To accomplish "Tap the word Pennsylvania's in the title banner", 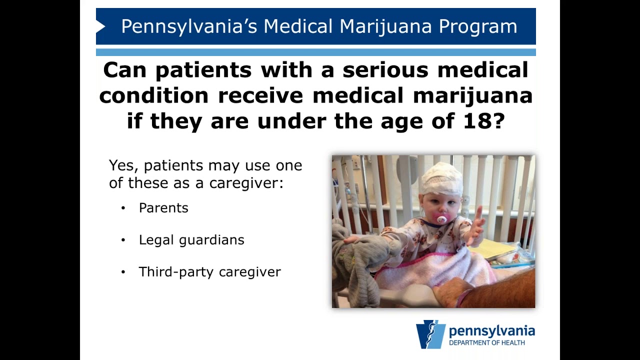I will point(189,26).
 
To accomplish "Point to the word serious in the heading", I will point(385,70).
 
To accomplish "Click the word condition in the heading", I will point(153,95).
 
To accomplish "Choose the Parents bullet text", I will point(163,208).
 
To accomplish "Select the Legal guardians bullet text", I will point(191,240).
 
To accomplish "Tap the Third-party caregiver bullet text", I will point(209,272).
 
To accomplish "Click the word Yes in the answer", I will point(121,165).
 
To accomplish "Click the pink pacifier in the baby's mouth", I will point(441,219).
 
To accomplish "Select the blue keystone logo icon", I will point(430,334).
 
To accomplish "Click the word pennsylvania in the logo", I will point(491,331).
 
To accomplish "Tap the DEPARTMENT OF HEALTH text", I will point(486,343).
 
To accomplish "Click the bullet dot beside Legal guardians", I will point(123,240).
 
